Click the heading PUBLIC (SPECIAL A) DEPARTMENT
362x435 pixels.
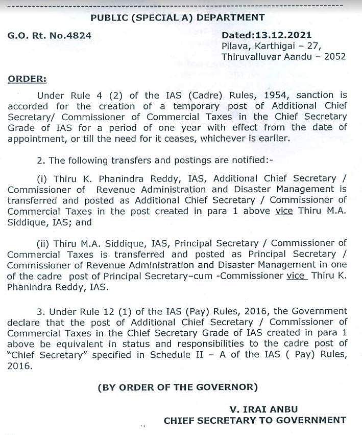(177, 17)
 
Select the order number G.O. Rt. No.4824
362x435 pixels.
(49, 36)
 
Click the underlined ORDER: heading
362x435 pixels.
(27, 79)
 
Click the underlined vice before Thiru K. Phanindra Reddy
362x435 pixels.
(297, 276)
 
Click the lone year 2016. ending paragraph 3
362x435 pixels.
(19, 366)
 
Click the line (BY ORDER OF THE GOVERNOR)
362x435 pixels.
(177, 387)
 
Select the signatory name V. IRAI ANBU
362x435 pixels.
(263, 409)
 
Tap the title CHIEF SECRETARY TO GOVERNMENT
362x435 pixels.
(255, 420)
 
